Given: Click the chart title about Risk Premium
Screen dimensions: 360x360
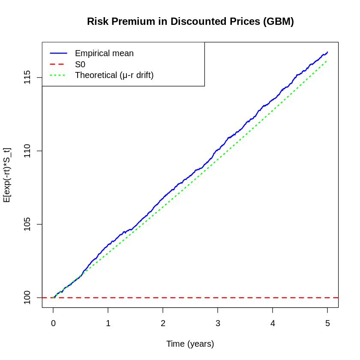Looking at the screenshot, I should tap(190, 21).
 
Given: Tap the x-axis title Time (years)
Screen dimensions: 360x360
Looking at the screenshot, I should tap(190, 344).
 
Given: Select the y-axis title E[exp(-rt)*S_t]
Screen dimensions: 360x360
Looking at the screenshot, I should tap(7, 175).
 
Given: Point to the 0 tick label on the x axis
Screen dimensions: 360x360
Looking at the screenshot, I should tap(53, 324).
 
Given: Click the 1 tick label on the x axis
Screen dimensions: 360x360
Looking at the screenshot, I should tap(108, 324).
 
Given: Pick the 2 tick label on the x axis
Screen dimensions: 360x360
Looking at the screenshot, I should tap(163, 324).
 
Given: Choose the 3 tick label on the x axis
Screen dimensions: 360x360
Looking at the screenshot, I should tap(218, 324).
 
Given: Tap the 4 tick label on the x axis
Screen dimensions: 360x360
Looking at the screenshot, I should tap(273, 324).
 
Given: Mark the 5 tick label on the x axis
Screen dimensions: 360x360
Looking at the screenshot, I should tap(327, 324).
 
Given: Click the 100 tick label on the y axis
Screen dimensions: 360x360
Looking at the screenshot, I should tap(27, 297).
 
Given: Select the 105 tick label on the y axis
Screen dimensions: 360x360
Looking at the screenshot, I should tap(27, 224).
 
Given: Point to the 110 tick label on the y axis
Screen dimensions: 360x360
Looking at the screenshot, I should tap(27, 151).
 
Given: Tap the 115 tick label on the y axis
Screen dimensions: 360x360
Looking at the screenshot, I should tap(27, 78).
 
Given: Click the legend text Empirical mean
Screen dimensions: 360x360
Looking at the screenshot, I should tap(104, 53).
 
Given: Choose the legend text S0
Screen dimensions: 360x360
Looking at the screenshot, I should tap(80, 64).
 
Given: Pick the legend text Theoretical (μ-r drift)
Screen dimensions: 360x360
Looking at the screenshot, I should tap(114, 75).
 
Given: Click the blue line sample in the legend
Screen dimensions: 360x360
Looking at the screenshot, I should tap(58, 53).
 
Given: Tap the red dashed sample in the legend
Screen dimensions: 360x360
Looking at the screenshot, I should tap(58, 64).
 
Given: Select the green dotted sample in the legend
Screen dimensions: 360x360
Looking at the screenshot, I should tap(58, 75).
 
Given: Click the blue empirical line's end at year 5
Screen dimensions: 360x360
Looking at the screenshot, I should tap(327, 52).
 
